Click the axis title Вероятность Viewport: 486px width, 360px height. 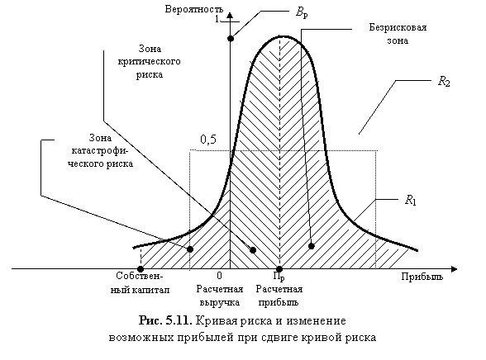(193, 9)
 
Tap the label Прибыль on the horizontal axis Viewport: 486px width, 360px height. (422, 277)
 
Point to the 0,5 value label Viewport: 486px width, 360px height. (208, 140)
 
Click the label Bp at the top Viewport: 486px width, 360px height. (302, 13)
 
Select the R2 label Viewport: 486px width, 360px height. (444, 82)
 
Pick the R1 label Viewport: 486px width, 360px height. (410, 200)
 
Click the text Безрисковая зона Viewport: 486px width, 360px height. (398, 34)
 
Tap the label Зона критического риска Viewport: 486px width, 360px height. (149, 61)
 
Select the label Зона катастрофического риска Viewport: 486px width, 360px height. (100, 150)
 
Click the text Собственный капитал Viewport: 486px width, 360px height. (140, 282)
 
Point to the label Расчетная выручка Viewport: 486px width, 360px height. (220, 296)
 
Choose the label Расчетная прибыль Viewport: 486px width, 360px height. (279, 296)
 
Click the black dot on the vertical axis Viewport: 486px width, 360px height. (231, 38)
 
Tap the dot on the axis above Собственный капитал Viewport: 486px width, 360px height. (141, 269)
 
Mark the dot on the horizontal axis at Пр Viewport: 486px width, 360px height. (279, 269)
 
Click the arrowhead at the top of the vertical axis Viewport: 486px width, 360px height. (230, 15)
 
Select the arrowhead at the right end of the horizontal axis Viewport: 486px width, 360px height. (454, 269)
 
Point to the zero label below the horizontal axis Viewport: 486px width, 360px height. (220, 275)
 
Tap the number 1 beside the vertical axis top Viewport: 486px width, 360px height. (217, 19)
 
